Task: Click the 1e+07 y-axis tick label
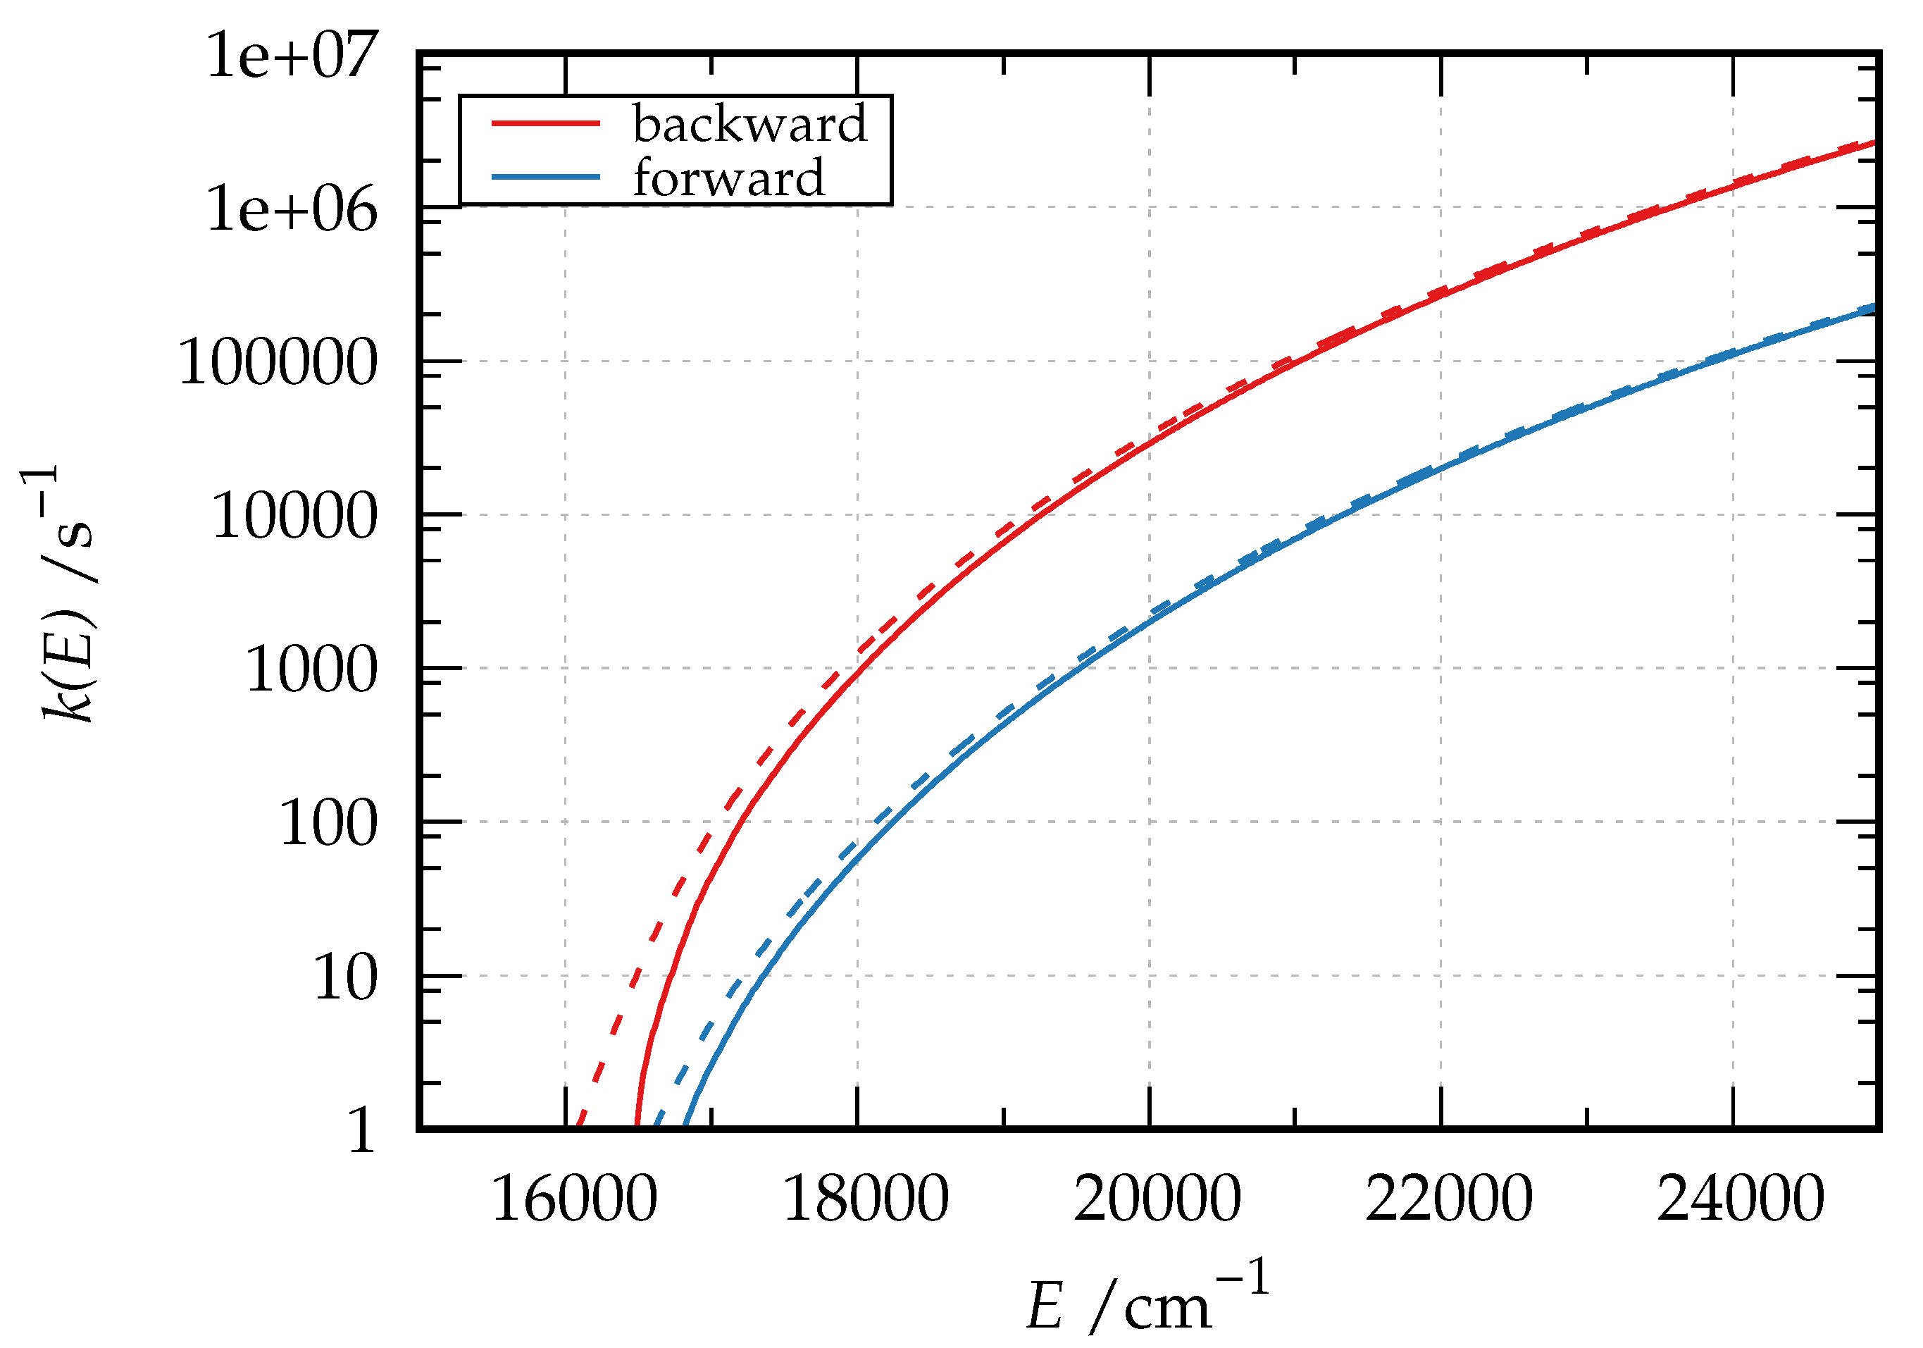coord(292,57)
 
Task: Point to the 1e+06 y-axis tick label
coord(292,209)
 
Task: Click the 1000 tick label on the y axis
coord(311,670)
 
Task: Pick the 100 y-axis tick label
coord(328,824)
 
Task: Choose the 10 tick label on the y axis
coord(345,977)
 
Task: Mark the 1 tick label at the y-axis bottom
coord(362,1131)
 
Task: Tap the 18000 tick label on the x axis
coord(865,1200)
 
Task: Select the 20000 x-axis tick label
coord(1157,1200)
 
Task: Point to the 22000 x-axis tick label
coord(1448,1200)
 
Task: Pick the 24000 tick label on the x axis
coord(1740,1200)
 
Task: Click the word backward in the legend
coord(749,124)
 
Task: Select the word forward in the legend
coord(728,178)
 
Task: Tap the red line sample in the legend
coord(545,123)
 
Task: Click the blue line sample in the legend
coord(545,177)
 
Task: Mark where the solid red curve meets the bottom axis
coord(637,1126)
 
